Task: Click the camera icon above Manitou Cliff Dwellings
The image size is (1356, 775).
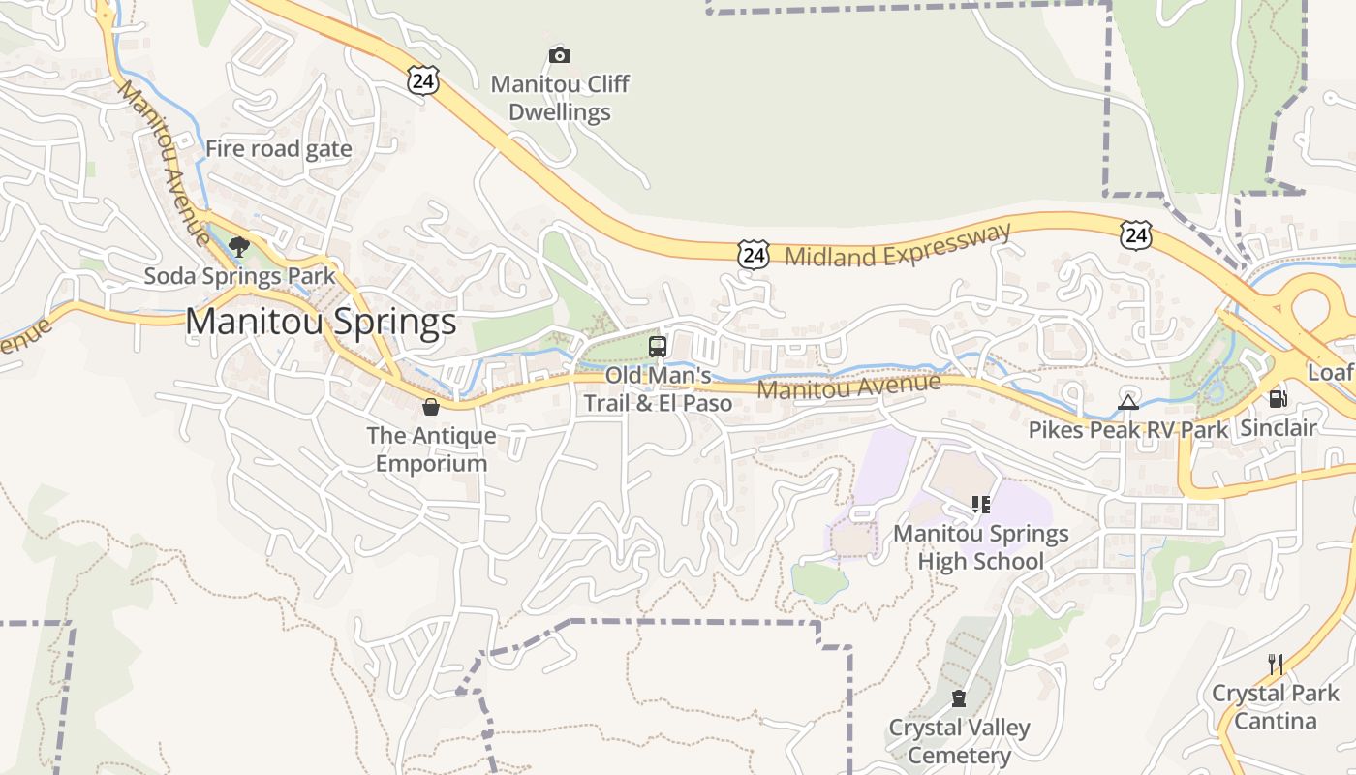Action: tap(559, 55)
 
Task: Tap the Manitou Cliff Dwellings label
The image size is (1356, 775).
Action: tap(560, 98)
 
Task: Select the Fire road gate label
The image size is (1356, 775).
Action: tap(278, 149)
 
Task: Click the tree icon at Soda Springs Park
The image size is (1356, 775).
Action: tap(239, 247)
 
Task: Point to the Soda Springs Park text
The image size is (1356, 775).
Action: tap(239, 276)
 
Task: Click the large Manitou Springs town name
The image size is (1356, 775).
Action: tap(321, 322)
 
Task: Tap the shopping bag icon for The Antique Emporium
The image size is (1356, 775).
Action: tap(431, 407)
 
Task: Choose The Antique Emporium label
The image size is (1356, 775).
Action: tap(431, 449)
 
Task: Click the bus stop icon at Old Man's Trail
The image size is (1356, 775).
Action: tap(658, 346)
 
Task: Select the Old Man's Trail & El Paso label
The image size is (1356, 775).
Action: tap(658, 389)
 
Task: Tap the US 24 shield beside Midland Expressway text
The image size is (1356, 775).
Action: tap(753, 255)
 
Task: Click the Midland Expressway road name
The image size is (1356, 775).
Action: tap(898, 246)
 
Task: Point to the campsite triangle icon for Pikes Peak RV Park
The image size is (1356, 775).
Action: tap(1128, 402)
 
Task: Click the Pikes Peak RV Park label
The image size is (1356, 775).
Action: tap(1128, 429)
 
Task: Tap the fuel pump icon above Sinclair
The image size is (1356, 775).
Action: tap(1279, 399)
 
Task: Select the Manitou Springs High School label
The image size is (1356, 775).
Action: tap(980, 547)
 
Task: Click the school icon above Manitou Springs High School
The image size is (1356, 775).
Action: tap(980, 505)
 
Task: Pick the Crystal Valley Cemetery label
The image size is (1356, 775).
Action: tap(959, 741)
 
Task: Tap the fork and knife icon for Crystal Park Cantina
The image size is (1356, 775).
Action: tap(1276, 664)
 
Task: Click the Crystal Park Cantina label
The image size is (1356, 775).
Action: tap(1276, 707)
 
